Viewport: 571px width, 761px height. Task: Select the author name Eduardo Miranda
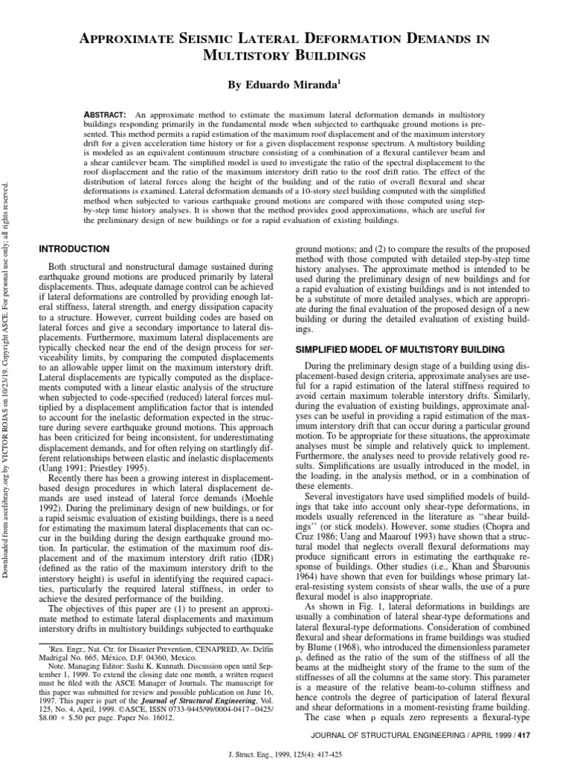pos(285,85)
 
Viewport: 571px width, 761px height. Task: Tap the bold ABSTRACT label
pos(109,115)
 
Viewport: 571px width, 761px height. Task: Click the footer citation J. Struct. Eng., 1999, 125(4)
pos(285,751)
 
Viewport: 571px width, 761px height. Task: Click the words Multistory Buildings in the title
pos(285,56)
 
